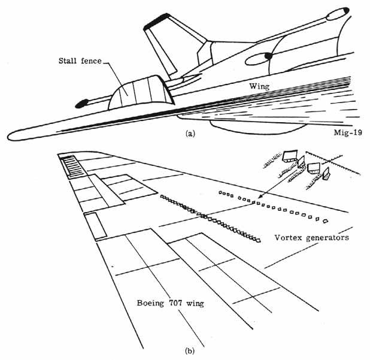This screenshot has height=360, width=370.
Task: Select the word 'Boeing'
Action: coord(151,303)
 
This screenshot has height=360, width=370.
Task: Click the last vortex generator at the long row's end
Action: coord(257,241)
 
